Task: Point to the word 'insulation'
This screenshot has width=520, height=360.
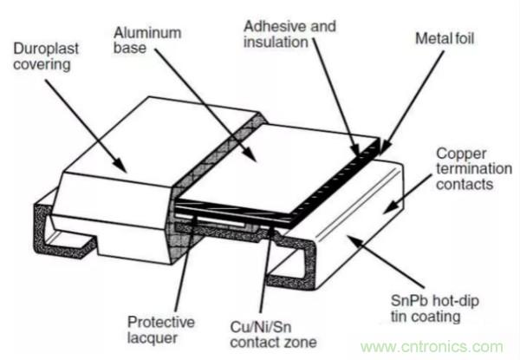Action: (x=276, y=45)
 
